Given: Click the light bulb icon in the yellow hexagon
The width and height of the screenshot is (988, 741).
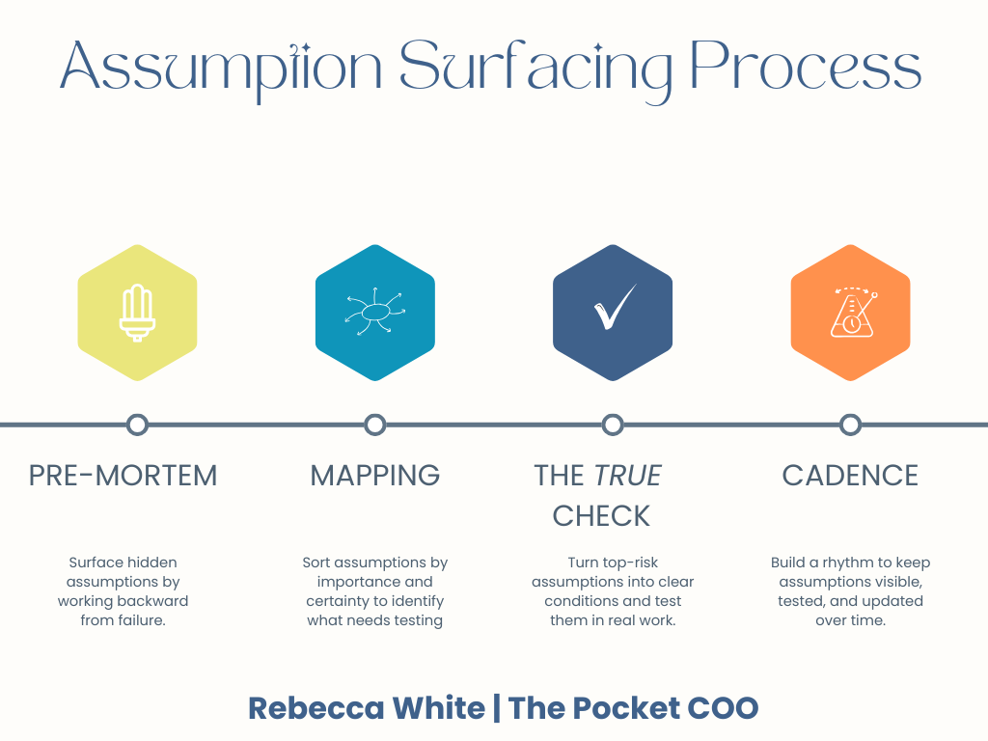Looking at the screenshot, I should tap(137, 313).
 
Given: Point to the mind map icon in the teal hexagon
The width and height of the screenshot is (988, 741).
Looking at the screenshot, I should tap(375, 313).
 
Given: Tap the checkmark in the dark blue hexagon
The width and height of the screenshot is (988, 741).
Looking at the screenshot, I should tap(613, 310).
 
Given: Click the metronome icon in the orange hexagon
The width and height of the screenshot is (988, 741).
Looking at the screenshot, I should tap(850, 313).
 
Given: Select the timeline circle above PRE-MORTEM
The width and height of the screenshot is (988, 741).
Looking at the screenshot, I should tap(137, 425).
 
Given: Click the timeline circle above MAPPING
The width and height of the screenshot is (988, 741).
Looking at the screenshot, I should tap(375, 425).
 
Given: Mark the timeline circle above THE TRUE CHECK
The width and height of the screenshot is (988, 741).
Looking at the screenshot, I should tap(613, 425).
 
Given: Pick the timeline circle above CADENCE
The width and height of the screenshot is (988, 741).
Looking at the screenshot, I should tap(850, 425).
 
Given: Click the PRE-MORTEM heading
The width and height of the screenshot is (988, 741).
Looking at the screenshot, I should tap(123, 476).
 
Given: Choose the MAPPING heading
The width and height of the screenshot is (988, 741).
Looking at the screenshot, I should tap(375, 476).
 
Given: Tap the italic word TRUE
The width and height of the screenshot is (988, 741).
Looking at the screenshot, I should tap(628, 476).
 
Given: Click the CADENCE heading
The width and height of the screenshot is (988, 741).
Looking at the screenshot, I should tap(850, 476).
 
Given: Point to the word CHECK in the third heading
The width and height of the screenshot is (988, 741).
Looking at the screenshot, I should tap(601, 516).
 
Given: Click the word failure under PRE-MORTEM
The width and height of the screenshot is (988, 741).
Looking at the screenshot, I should tap(138, 620).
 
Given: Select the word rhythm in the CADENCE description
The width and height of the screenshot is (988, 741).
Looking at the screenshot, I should tap(846, 563).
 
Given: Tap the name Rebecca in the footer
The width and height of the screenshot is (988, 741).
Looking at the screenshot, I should tap(307, 708).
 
